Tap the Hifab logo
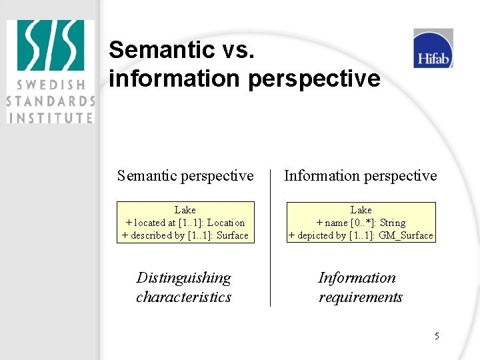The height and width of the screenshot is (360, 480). pos(433,49)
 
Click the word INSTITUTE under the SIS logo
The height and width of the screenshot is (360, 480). pos(51,117)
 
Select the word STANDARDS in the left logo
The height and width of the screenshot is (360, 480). pos(51,101)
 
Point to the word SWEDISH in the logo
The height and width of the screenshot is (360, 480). pos(51,85)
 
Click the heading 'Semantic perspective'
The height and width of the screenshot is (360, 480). pos(185,175)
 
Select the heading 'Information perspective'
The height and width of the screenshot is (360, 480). pos(360,175)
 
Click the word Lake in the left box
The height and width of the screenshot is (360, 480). pos(185,210)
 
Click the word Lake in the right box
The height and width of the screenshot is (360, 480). pos(361,210)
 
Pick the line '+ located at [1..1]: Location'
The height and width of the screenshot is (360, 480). pos(185,223)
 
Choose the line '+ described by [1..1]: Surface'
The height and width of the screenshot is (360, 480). pos(185,235)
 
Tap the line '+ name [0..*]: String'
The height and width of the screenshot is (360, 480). pos(361,223)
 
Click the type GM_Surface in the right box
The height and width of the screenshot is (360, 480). pos(405,235)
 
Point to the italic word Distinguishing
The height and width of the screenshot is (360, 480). pos(183,278)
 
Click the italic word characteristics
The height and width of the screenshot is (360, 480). pos(183,297)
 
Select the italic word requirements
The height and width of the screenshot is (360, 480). pos(360,297)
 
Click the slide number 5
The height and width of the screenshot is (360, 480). pos(437,336)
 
